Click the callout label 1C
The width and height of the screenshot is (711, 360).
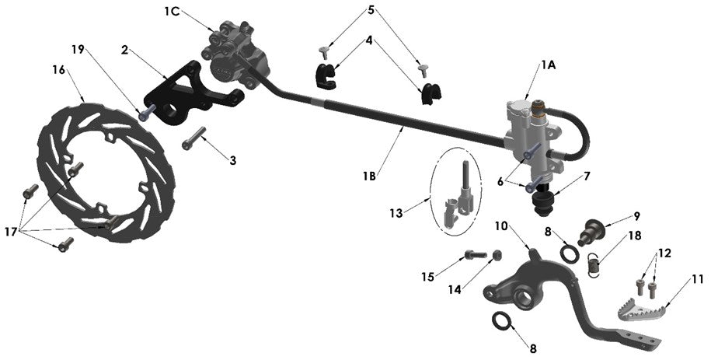click(172, 11)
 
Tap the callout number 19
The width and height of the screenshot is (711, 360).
click(78, 49)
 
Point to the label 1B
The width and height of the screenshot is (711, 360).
click(369, 177)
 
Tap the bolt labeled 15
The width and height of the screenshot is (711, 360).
click(476, 253)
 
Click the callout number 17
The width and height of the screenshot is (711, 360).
click(11, 231)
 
